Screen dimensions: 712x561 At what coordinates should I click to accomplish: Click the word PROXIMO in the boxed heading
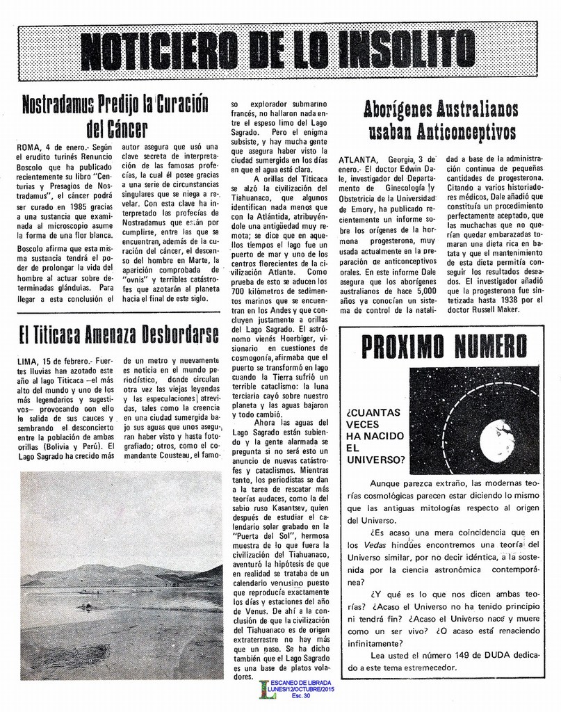(404, 346)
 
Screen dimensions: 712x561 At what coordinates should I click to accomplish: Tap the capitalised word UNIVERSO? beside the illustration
(375, 460)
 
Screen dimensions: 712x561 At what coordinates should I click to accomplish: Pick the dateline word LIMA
(26, 362)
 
